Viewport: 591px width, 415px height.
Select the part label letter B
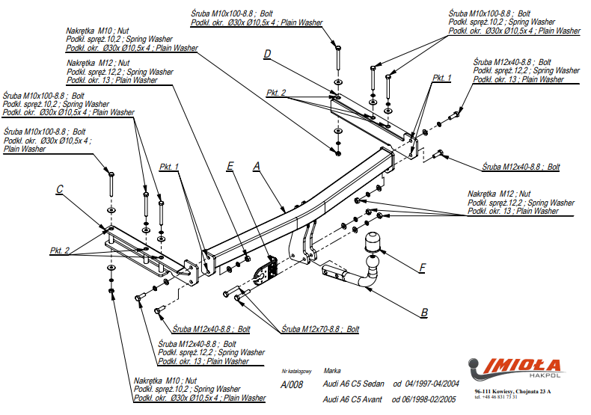coord(423,312)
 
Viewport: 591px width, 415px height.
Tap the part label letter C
coord(59,190)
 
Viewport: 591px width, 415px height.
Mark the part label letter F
coord(423,267)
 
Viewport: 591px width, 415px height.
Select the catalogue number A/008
coord(292,384)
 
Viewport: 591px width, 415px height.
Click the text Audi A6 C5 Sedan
coord(354,384)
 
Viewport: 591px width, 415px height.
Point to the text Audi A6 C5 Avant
coord(353,399)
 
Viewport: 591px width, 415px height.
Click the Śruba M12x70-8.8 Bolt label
coord(320,329)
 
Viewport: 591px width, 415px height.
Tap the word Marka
coord(332,370)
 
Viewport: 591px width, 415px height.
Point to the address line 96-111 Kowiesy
coord(512,391)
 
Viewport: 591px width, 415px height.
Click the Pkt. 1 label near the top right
coord(442,78)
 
